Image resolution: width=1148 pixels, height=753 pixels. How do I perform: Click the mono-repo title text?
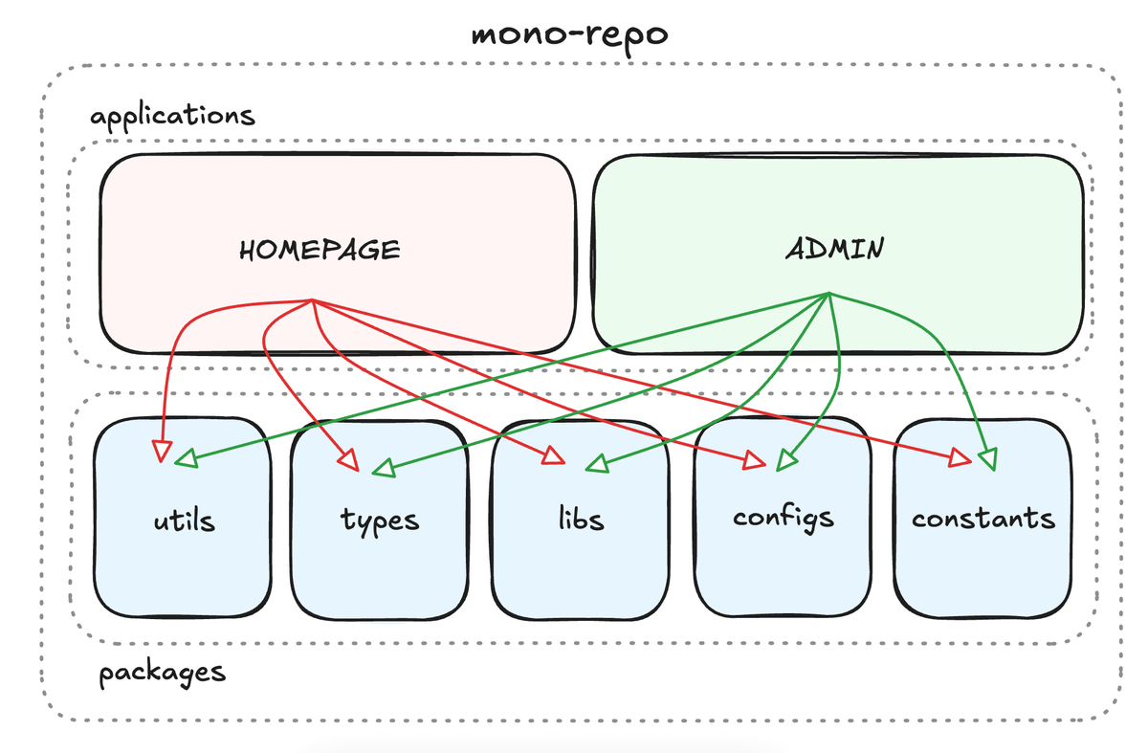tap(570, 34)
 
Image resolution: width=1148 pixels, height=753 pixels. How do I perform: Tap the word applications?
tap(172, 117)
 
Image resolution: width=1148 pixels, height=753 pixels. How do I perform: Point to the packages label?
tap(163, 672)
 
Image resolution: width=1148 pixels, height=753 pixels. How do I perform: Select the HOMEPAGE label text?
tap(320, 250)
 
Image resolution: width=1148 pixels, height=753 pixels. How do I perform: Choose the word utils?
tap(184, 521)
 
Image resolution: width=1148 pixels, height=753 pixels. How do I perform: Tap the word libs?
tap(580, 520)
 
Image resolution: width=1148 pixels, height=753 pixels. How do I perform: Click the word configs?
tap(784, 518)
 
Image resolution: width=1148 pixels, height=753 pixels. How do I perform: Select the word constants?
tap(982, 519)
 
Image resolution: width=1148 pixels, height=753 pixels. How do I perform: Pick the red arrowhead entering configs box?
tap(756, 462)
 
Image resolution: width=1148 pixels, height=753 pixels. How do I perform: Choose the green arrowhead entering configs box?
tap(784, 462)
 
